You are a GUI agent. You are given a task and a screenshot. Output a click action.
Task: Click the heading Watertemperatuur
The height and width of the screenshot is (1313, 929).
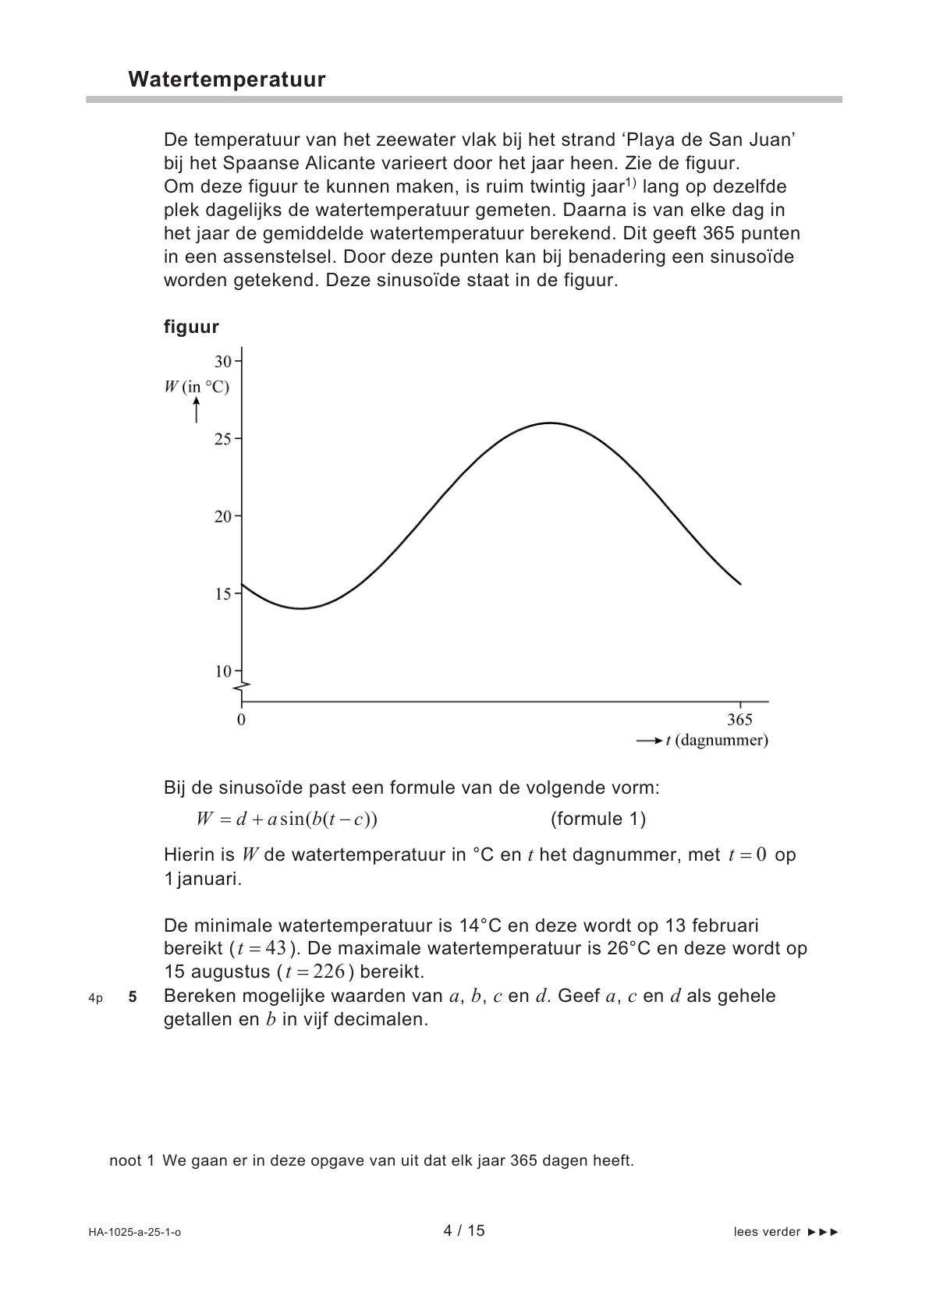[226, 80]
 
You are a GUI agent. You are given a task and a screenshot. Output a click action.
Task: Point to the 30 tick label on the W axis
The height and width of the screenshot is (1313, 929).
[223, 361]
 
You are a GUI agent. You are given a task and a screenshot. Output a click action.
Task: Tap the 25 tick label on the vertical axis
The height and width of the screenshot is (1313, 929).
[223, 439]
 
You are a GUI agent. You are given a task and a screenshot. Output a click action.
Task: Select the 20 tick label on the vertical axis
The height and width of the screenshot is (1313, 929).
[223, 516]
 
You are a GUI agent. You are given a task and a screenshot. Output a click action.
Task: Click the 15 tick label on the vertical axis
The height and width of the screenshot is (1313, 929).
[223, 594]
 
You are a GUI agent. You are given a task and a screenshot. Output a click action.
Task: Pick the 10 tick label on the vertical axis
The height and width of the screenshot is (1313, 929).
[223, 671]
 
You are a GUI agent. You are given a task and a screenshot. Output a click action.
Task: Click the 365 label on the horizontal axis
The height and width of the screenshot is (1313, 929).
[739, 720]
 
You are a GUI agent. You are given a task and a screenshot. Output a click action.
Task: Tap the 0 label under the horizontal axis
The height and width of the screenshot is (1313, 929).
[241, 720]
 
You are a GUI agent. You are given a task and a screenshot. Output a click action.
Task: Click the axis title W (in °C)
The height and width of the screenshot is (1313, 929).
[197, 387]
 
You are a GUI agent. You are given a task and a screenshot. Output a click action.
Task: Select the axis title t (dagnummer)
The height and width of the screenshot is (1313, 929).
[716, 741]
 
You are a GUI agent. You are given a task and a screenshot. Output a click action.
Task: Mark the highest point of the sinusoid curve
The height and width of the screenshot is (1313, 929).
[551, 423]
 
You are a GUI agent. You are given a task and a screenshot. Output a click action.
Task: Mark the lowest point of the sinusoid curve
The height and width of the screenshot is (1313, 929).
[301, 608]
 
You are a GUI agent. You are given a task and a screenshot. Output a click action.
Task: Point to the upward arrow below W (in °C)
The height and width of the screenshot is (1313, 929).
[197, 410]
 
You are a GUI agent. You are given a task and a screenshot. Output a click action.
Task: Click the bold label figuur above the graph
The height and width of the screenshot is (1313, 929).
[191, 327]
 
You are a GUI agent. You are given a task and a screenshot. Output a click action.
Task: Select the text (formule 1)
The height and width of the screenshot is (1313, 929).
[598, 819]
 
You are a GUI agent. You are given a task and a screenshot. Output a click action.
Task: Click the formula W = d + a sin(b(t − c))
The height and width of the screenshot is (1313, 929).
[287, 819]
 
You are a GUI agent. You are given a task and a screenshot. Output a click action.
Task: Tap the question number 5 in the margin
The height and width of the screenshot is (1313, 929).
[133, 996]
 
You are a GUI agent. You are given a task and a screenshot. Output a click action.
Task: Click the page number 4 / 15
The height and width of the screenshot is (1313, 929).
[464, 1230]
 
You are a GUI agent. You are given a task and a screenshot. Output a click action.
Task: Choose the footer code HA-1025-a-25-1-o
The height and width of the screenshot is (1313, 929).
[135, 1232]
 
